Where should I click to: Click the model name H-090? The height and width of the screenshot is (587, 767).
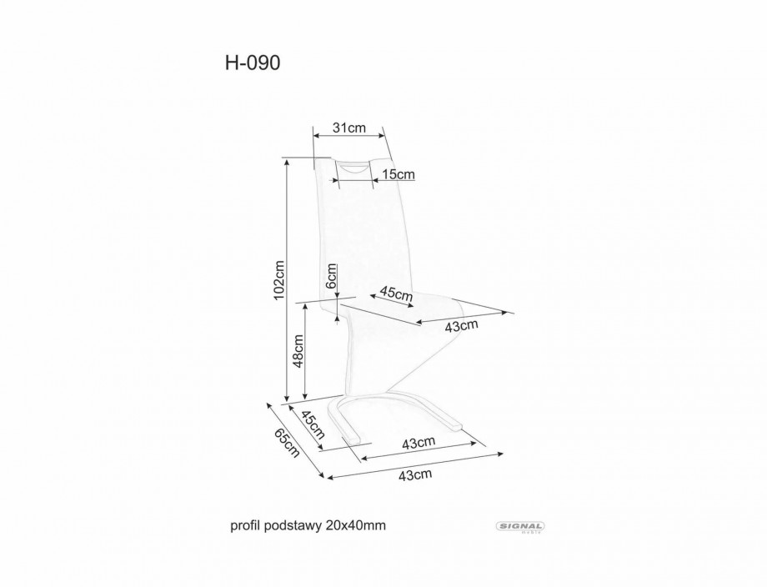click(x=253, y=63)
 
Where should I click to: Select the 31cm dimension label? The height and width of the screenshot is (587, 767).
click(x=348, y=128)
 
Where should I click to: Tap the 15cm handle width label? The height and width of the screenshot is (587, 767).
click(x=399, y=174)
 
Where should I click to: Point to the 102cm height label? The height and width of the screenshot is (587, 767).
click(x=278, y=279)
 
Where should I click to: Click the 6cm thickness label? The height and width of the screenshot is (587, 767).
click(x=331, y=276)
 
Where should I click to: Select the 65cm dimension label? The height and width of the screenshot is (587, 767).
click(x=286, y=443)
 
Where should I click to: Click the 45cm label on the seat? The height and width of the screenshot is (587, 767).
click(x=396, y=294)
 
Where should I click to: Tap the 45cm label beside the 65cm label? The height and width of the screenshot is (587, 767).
click(x=312, y=424)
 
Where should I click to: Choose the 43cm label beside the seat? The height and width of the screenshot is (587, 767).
click(x=461, y=326)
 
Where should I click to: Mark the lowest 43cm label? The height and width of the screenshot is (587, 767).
click(x=415, y=474)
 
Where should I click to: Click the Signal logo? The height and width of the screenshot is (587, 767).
click(x=521, y=527)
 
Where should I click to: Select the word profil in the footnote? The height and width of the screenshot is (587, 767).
click(x=246, y=526)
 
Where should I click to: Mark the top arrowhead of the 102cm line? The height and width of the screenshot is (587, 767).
click(x=286, y=163)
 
